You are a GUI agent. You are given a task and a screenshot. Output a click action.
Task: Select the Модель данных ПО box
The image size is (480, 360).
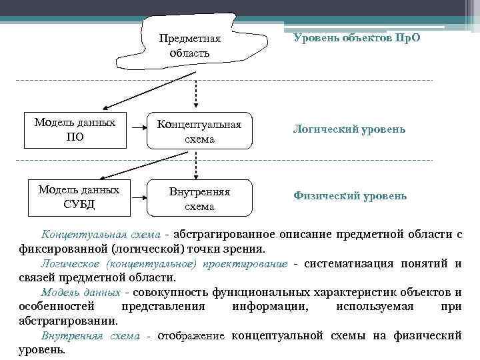tap(74, 131)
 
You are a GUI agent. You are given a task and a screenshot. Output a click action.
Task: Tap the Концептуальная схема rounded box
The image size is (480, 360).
tap(200, 131)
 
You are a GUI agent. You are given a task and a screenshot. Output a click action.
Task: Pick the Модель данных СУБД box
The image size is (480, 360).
tap(79, 197)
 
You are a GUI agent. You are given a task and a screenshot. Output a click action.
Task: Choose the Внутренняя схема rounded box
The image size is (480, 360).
tap(200, 199)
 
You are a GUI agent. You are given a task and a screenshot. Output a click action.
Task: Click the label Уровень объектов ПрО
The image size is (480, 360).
tap(357, 38)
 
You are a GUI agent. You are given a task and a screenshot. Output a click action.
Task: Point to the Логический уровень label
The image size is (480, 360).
tap(349, 128)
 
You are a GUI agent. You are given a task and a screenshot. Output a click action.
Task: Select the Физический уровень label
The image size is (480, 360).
tap(349, 196)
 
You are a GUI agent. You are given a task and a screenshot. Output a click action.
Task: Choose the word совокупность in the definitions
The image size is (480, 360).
tap(171, 292)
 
